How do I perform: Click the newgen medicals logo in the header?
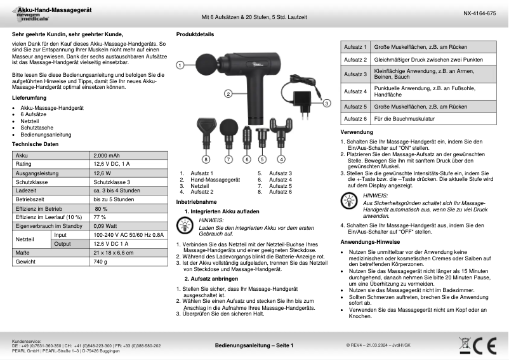[25, 18]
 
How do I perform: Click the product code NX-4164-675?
[477, 13]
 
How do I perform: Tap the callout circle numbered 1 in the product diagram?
[180, 65]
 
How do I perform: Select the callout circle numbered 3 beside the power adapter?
[326, 102]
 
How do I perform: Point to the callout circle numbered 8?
[206, 159]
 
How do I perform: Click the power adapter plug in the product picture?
[301, 100]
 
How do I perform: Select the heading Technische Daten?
[36, 144]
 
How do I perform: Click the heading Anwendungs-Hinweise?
[370, 242]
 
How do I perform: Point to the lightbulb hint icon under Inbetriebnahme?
[184, 224]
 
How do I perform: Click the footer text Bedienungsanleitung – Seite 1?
[254, 345]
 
